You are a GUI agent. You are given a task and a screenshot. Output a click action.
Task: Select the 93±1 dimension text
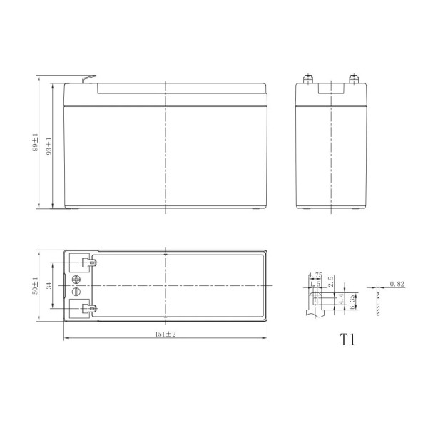(x=49, y=145)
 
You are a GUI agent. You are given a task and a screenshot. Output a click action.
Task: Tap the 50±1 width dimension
(x=34, y=285)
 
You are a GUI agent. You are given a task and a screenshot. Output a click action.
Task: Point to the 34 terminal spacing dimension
(x=49, y=285)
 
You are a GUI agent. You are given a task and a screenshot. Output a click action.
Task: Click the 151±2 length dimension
(x=165, y=334)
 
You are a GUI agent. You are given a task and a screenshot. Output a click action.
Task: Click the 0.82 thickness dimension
(x=397, y=284)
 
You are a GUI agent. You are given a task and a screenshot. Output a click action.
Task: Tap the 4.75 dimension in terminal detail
(x=315, y=275)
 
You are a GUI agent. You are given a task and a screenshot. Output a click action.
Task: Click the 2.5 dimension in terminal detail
(x=330, y=280)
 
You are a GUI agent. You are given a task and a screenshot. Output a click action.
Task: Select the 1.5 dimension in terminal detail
(x=315, y=283)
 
